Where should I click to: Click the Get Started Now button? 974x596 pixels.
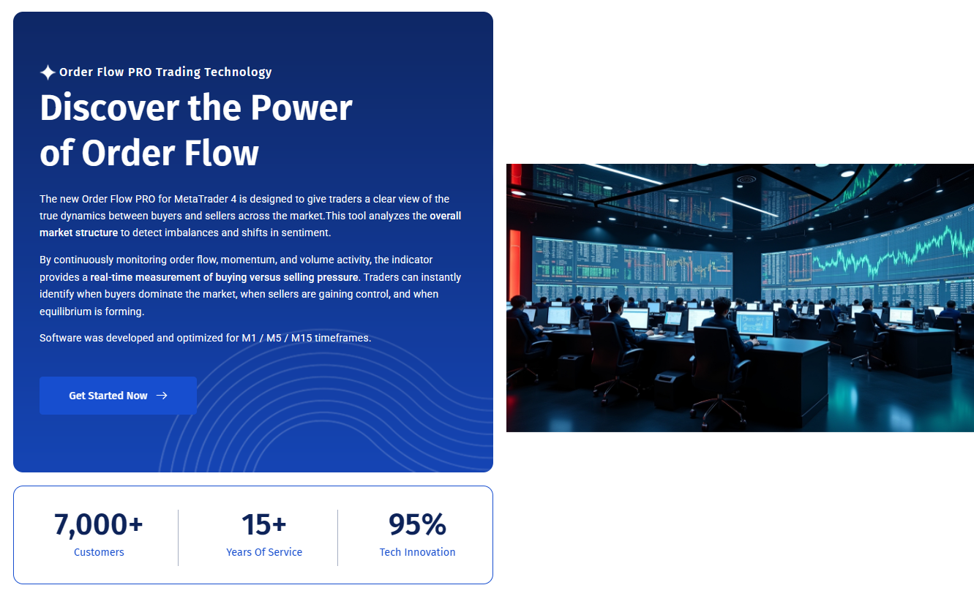(x=118, y=396)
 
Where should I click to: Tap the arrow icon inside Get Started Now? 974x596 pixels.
(x=162, y=396)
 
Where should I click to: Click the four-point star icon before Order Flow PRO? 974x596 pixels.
(x=48, y=72)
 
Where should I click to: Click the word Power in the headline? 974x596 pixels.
(x=301, y=107)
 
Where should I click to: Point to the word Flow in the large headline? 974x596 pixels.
(x=221, y=154)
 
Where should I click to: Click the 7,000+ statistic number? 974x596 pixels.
(x=98, y=524)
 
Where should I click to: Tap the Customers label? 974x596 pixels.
(x=99, y=552)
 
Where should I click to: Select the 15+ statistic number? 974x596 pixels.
(x=264, y=524)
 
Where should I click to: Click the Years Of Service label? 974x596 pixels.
(x=264, y=552)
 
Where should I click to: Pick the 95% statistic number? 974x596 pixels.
(x=417, y=524)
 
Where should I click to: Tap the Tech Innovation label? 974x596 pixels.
(x=417, y=552)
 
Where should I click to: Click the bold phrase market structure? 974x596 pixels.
(x=79, y=233)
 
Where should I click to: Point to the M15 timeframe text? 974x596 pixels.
(x=301, y=338)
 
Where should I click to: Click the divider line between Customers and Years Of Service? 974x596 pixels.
(x=178, y=537)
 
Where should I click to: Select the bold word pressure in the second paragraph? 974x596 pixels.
(x=337, y=278)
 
